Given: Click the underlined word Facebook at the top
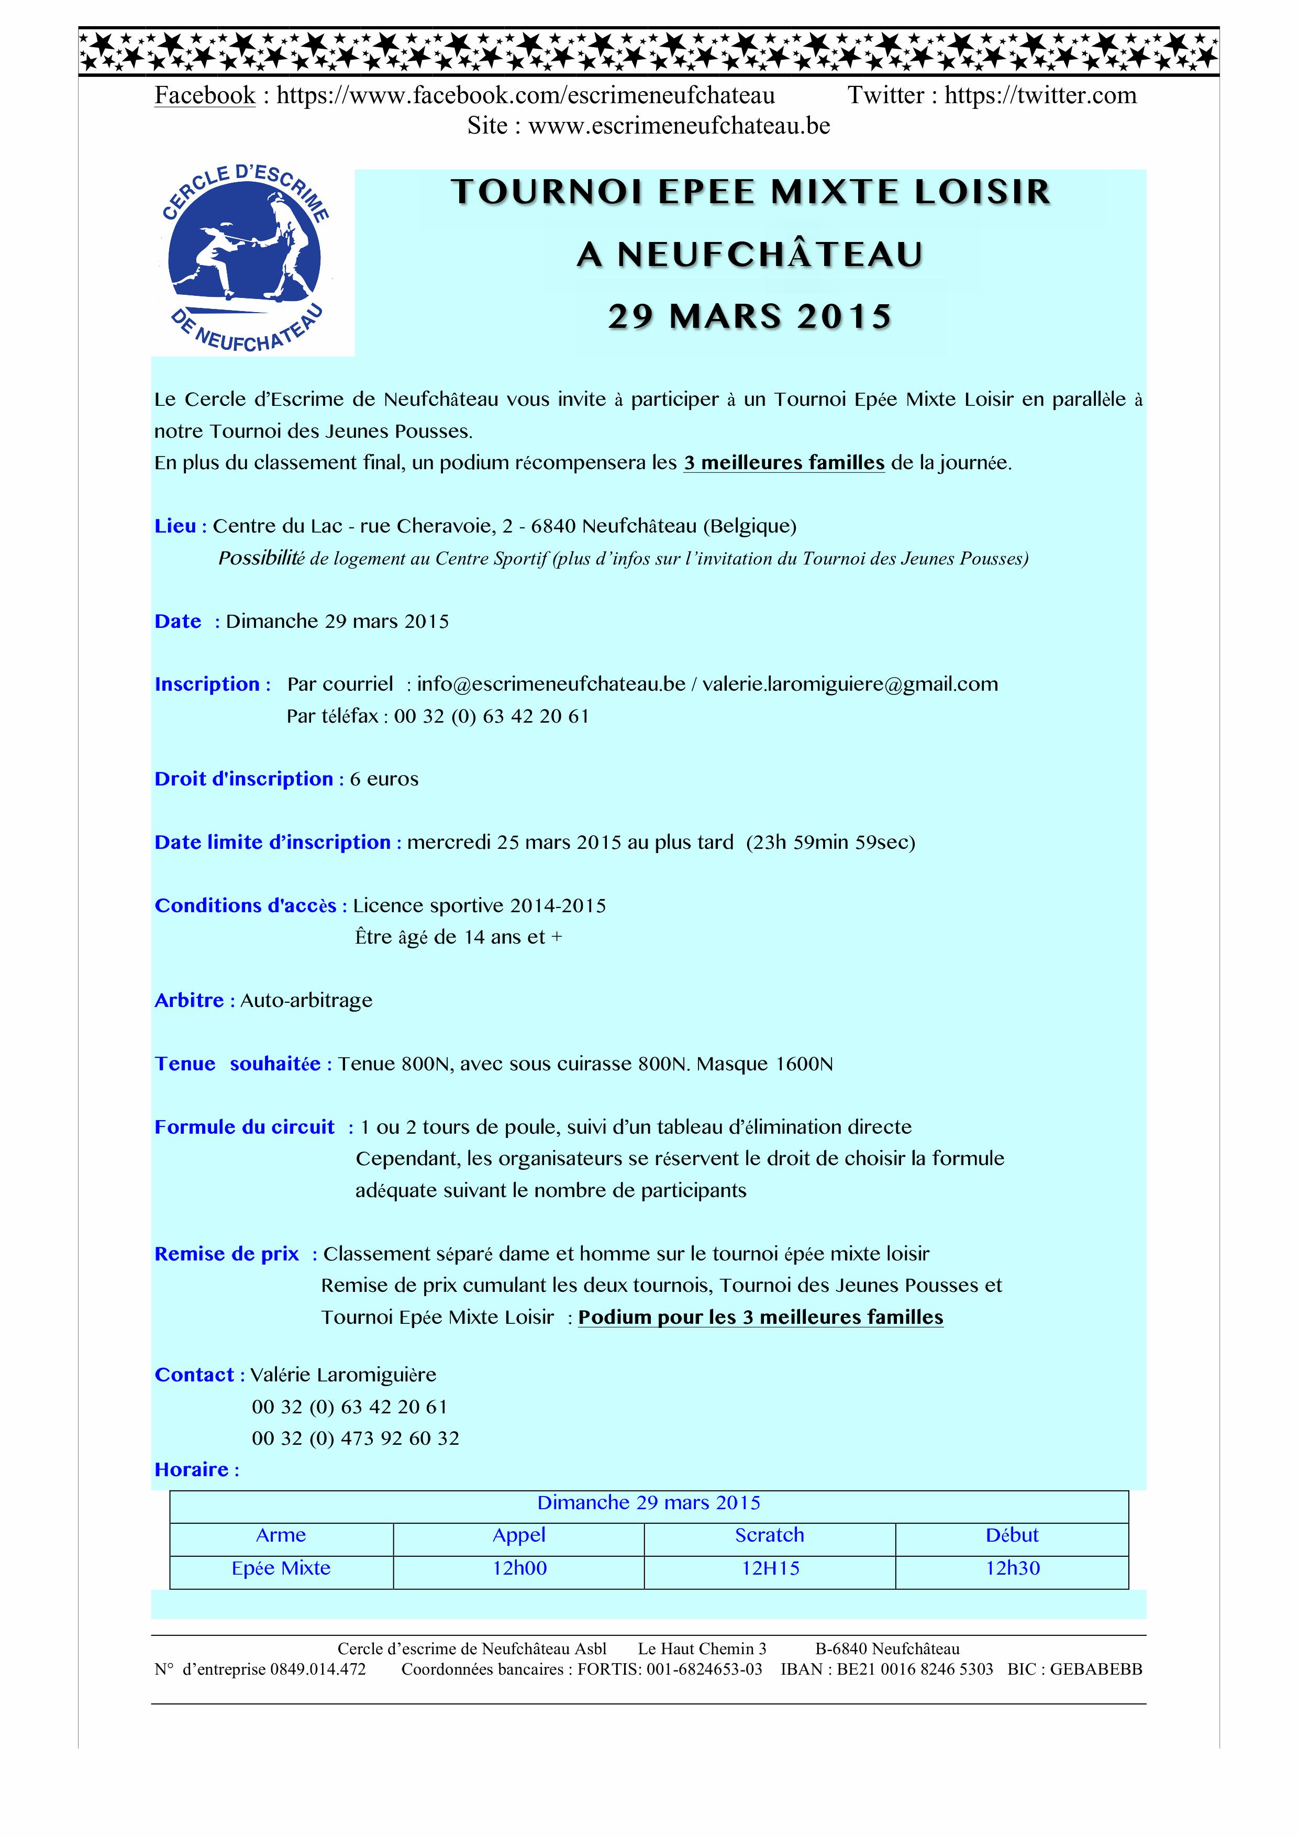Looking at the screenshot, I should (205, 95).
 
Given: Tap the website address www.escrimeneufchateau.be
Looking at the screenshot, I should (679, 126).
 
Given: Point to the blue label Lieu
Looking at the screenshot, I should (176, 526).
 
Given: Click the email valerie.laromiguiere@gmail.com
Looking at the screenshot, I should (850, 685).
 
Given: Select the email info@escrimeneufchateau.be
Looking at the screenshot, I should (551, 685).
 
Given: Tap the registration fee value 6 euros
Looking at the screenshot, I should (384, 779).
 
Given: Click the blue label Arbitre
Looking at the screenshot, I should (190, 1001).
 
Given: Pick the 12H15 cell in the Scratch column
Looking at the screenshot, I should (770, 1568).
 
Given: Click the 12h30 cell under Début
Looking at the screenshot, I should (1013, 1568).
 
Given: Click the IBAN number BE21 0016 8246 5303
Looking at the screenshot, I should (915, 1670).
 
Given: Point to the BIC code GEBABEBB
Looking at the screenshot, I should (1096, 1670).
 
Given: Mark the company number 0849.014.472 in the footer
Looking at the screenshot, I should (318, 1670).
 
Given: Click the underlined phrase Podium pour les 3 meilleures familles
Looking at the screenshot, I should (761, 1318).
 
